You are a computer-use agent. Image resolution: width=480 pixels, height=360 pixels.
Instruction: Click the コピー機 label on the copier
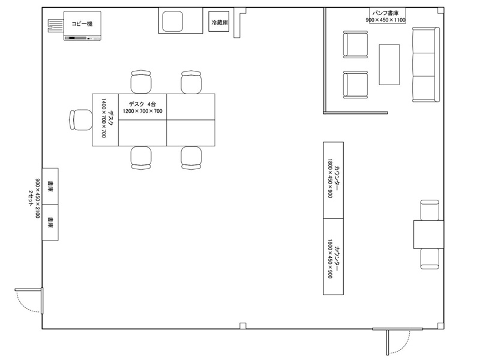click(x=82, y=23)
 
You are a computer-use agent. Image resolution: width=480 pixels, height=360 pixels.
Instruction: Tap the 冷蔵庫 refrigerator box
click(x=219, y=22)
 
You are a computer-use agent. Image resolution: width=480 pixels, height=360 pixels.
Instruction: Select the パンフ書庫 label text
click(x=385, y=13)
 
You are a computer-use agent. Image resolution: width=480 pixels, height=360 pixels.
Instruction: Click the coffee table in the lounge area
click(x=389, y=64)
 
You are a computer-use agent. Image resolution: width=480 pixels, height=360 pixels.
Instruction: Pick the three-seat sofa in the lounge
click(x=426, y=64)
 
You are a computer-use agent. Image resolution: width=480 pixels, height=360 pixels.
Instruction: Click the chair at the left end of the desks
click(x=81, y=120)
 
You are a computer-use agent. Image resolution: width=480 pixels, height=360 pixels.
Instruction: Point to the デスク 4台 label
click(x=142, y=104)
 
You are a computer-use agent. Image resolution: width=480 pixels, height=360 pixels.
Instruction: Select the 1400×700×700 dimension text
click(x=103, y=118)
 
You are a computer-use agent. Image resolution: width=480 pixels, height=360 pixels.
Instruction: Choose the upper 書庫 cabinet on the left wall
click(x=50, y=186)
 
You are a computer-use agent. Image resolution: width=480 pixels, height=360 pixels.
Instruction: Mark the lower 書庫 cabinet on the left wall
click(x=50, y=223)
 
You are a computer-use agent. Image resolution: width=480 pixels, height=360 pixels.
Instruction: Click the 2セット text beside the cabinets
click(x=31, y=198)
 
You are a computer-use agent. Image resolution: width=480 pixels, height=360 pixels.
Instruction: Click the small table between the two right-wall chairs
click(x=428, y=234)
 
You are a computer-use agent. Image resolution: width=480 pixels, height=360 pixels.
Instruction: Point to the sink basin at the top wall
click(x=172, y=21)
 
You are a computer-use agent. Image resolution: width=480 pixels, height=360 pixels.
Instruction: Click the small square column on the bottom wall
click(x=243, y=326)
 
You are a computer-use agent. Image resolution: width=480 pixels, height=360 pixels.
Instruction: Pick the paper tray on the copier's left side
click(x=56, y=26)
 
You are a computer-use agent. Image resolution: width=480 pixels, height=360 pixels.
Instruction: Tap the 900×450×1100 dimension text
click(x=386, y=20)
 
